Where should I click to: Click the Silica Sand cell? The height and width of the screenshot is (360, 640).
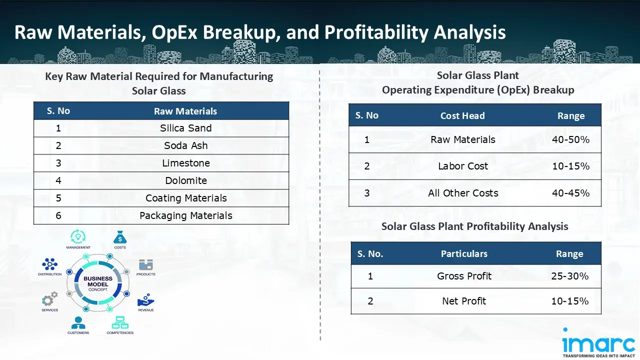185,128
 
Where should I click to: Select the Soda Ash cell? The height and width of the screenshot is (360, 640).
185,146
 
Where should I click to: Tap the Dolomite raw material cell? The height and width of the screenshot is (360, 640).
185,181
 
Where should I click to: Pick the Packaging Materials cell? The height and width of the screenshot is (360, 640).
185,216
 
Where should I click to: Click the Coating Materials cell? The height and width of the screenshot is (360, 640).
185,198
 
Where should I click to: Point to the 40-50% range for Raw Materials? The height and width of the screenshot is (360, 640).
570,140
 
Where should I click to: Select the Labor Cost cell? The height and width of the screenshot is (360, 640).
462,166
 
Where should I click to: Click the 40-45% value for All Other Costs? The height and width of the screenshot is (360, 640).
570,193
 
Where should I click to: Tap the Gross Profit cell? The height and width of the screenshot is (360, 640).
464,276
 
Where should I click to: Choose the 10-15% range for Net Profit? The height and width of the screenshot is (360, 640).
569,301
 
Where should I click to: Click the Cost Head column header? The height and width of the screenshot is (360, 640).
462,116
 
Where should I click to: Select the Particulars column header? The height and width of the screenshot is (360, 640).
463,254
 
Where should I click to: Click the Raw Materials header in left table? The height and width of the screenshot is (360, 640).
185,111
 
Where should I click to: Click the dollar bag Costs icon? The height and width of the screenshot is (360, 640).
120,237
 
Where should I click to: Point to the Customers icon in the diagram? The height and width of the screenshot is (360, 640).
78,323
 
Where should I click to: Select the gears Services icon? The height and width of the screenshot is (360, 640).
49,299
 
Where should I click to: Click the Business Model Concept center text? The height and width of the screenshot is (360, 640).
98,284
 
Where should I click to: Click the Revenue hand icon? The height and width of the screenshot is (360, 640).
145,299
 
